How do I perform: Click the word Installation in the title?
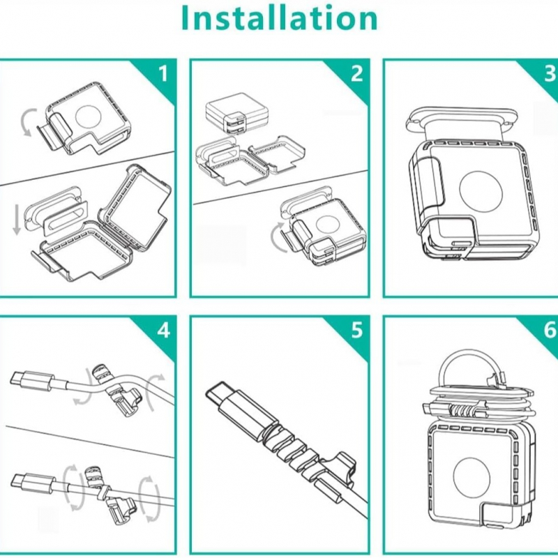(280, 18)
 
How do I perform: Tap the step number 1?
(163, 73)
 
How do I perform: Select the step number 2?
(357, 73)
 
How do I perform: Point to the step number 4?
(164, 330)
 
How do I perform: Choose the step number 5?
(357, 330)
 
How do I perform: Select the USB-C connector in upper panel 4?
(32, 381)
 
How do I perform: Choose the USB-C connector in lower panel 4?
(32, 483)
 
